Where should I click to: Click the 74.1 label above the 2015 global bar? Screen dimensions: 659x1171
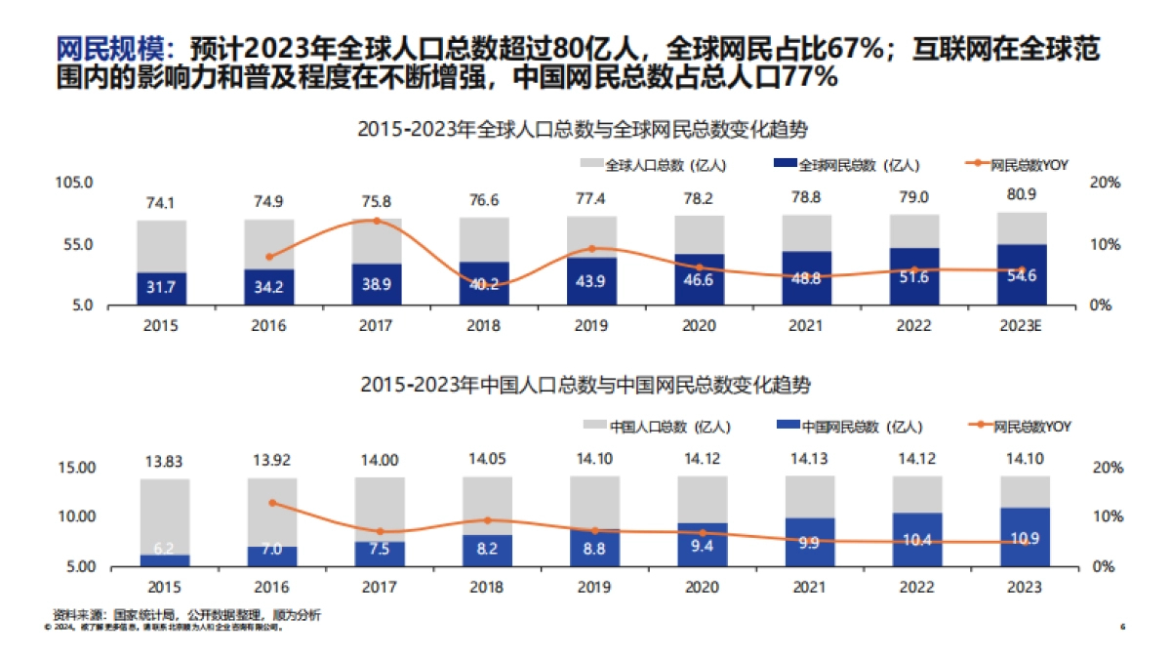[x=161, y=203]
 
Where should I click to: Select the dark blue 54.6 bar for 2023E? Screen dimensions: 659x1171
[x=1021, y=275]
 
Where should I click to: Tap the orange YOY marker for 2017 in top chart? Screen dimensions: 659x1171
[x=377, y=221]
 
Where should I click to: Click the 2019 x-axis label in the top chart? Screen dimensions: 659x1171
[x=591, y=325]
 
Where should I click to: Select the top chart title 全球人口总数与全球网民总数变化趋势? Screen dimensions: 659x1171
[x=585, y=129]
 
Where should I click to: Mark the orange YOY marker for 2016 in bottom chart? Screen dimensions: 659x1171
[x=272, y=503]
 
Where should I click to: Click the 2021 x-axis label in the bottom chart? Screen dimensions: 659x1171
[x=806, y=587]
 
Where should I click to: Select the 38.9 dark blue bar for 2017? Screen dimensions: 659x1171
[x=377, y=284]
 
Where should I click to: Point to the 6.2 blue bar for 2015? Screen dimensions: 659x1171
[x=164, y=559]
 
